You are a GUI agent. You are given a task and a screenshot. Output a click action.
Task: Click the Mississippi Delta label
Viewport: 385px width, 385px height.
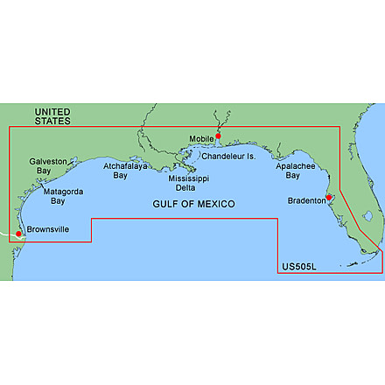tap(188, 183)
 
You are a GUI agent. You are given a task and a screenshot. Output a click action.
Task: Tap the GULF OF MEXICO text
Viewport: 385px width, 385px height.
tap(191, 203)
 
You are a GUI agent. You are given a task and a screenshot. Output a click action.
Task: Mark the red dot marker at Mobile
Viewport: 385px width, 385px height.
tap(218, 135)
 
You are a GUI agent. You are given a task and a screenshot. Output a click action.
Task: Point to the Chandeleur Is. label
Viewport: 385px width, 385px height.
tap(227, 157)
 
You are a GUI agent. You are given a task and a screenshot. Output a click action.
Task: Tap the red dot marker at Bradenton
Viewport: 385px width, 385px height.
tap(329, 198)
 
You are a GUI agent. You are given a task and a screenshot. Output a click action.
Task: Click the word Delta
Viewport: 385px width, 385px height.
tap(188, 187)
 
